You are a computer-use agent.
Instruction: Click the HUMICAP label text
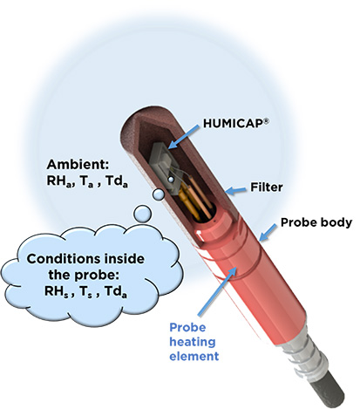pyautogui.click(x=233, y=123)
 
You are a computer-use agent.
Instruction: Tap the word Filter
pyautogui.click(x=267, y=187)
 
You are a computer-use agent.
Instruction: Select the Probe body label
pyautogui.click(x=316, y=222)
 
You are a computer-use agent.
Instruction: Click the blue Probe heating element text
pyautogui.click(x=194, y=342)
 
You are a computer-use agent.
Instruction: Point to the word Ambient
pyautogui.click(x=78, y=165)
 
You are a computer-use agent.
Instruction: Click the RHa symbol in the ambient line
pyautogui.click(x=59, y=181)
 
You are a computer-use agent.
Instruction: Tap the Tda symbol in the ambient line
pyautogui.click(x=116, y=181)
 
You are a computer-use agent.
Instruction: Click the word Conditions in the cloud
pyautogui.click(x=65, y=258)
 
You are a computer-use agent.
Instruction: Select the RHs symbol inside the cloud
pyautogui.click(x=56, y=291)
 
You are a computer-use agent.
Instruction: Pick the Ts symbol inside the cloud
pyautogui.click(x=85, y=291)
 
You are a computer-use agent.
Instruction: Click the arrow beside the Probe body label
pyautogui.click(x=268, y=233)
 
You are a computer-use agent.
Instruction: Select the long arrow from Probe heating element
pyautogui.click(x=218, y=291)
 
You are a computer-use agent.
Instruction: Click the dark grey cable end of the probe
pyautogui.click(x=329, y=391)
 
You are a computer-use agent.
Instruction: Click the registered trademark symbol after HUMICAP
pyautogui.click(x=266, y=122)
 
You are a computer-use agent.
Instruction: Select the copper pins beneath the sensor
pyautogui.click(x=194, y=201)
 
